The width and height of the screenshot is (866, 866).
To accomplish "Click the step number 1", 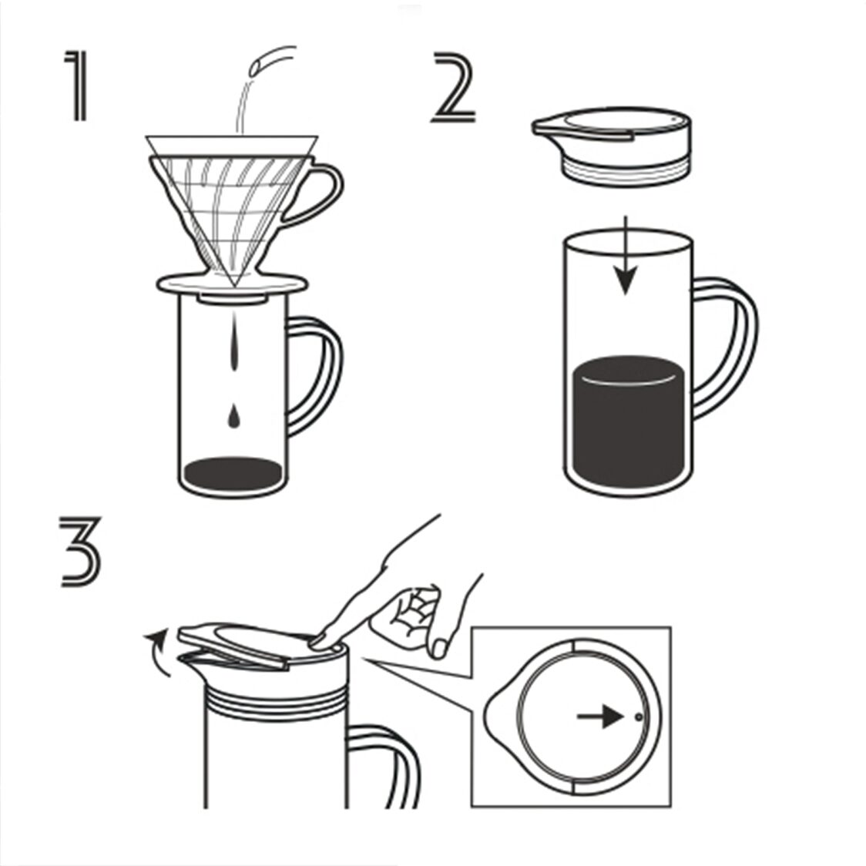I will (x=76, y=86).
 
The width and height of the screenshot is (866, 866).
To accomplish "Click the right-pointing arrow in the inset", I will (x=600, y=717).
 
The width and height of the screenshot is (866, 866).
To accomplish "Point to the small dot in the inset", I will (x=639, y=717).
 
